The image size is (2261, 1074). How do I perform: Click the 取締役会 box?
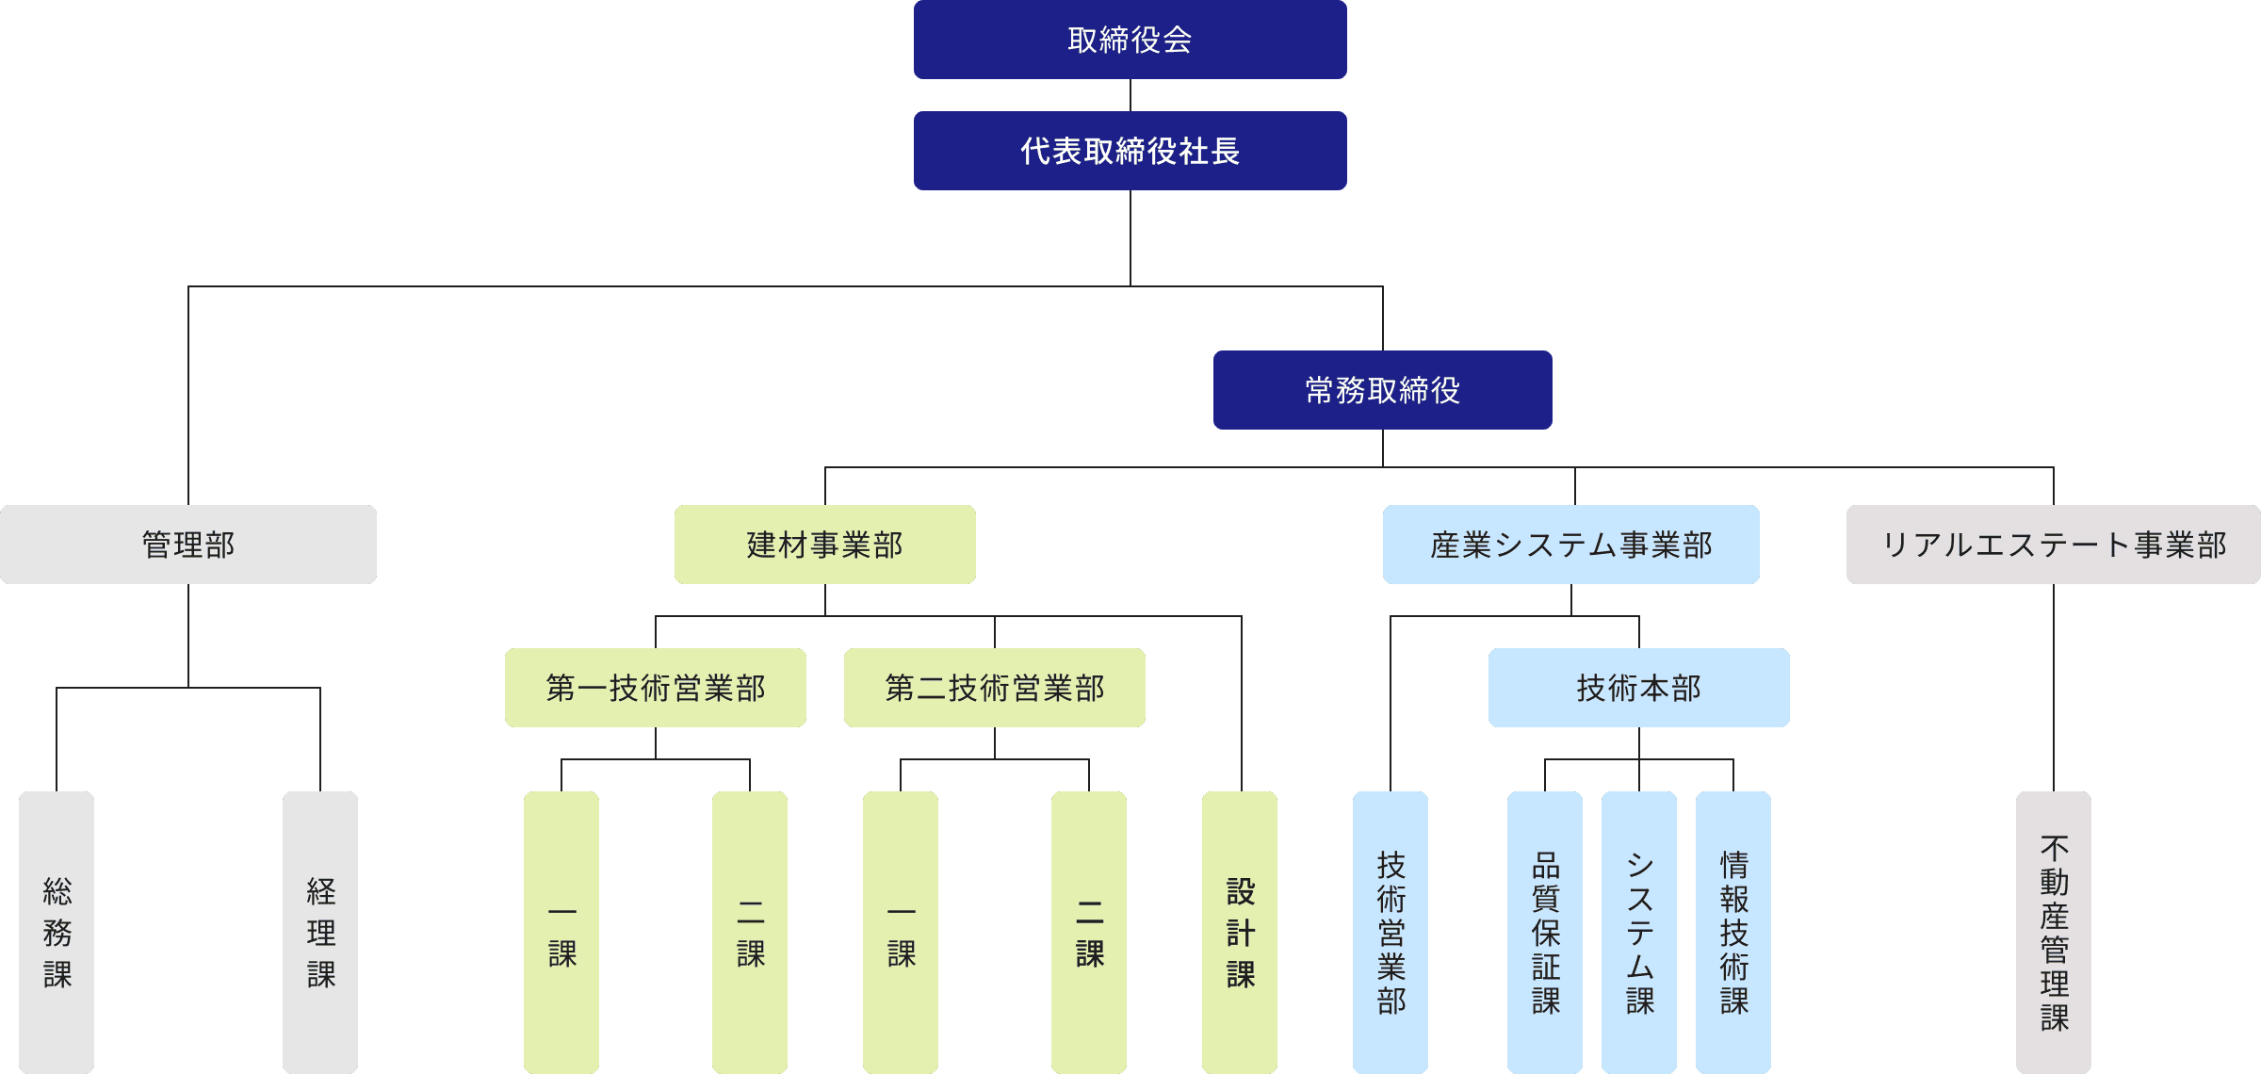tap(1130, 40)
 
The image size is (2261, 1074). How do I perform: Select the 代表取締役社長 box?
tap(1130, 151)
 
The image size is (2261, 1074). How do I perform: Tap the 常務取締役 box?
tap(1382, 390)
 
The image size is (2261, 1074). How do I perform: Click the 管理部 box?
tap(188, 545)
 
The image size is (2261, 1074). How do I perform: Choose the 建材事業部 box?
tap(824, 545)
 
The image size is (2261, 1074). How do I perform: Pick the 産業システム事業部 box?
tap(1570, 545)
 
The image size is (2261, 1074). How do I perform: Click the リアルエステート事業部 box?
tap(2053, 545)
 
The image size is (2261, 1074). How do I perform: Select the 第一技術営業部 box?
tap(655, 688)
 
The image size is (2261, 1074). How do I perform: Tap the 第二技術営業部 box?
tap(994, 688)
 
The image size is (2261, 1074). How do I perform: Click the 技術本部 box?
tap(1638, 688)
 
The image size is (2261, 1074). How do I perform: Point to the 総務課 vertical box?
tap(57, 932)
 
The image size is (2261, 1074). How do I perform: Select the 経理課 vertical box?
tap(320, 932)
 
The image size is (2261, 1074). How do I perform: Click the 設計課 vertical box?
tap(1240, 932)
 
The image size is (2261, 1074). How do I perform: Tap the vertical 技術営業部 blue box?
tap(1391, 932)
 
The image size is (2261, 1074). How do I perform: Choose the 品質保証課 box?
tap(1545, 932)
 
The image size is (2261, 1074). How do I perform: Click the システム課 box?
tap(1639, 932)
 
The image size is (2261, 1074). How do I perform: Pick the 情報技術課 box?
tap(1733, 932)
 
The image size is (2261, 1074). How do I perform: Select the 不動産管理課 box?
tap(2054, 932)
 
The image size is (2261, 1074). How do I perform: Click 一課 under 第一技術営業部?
tap(561, 932)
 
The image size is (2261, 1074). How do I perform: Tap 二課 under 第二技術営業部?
tap(1089, 932)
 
